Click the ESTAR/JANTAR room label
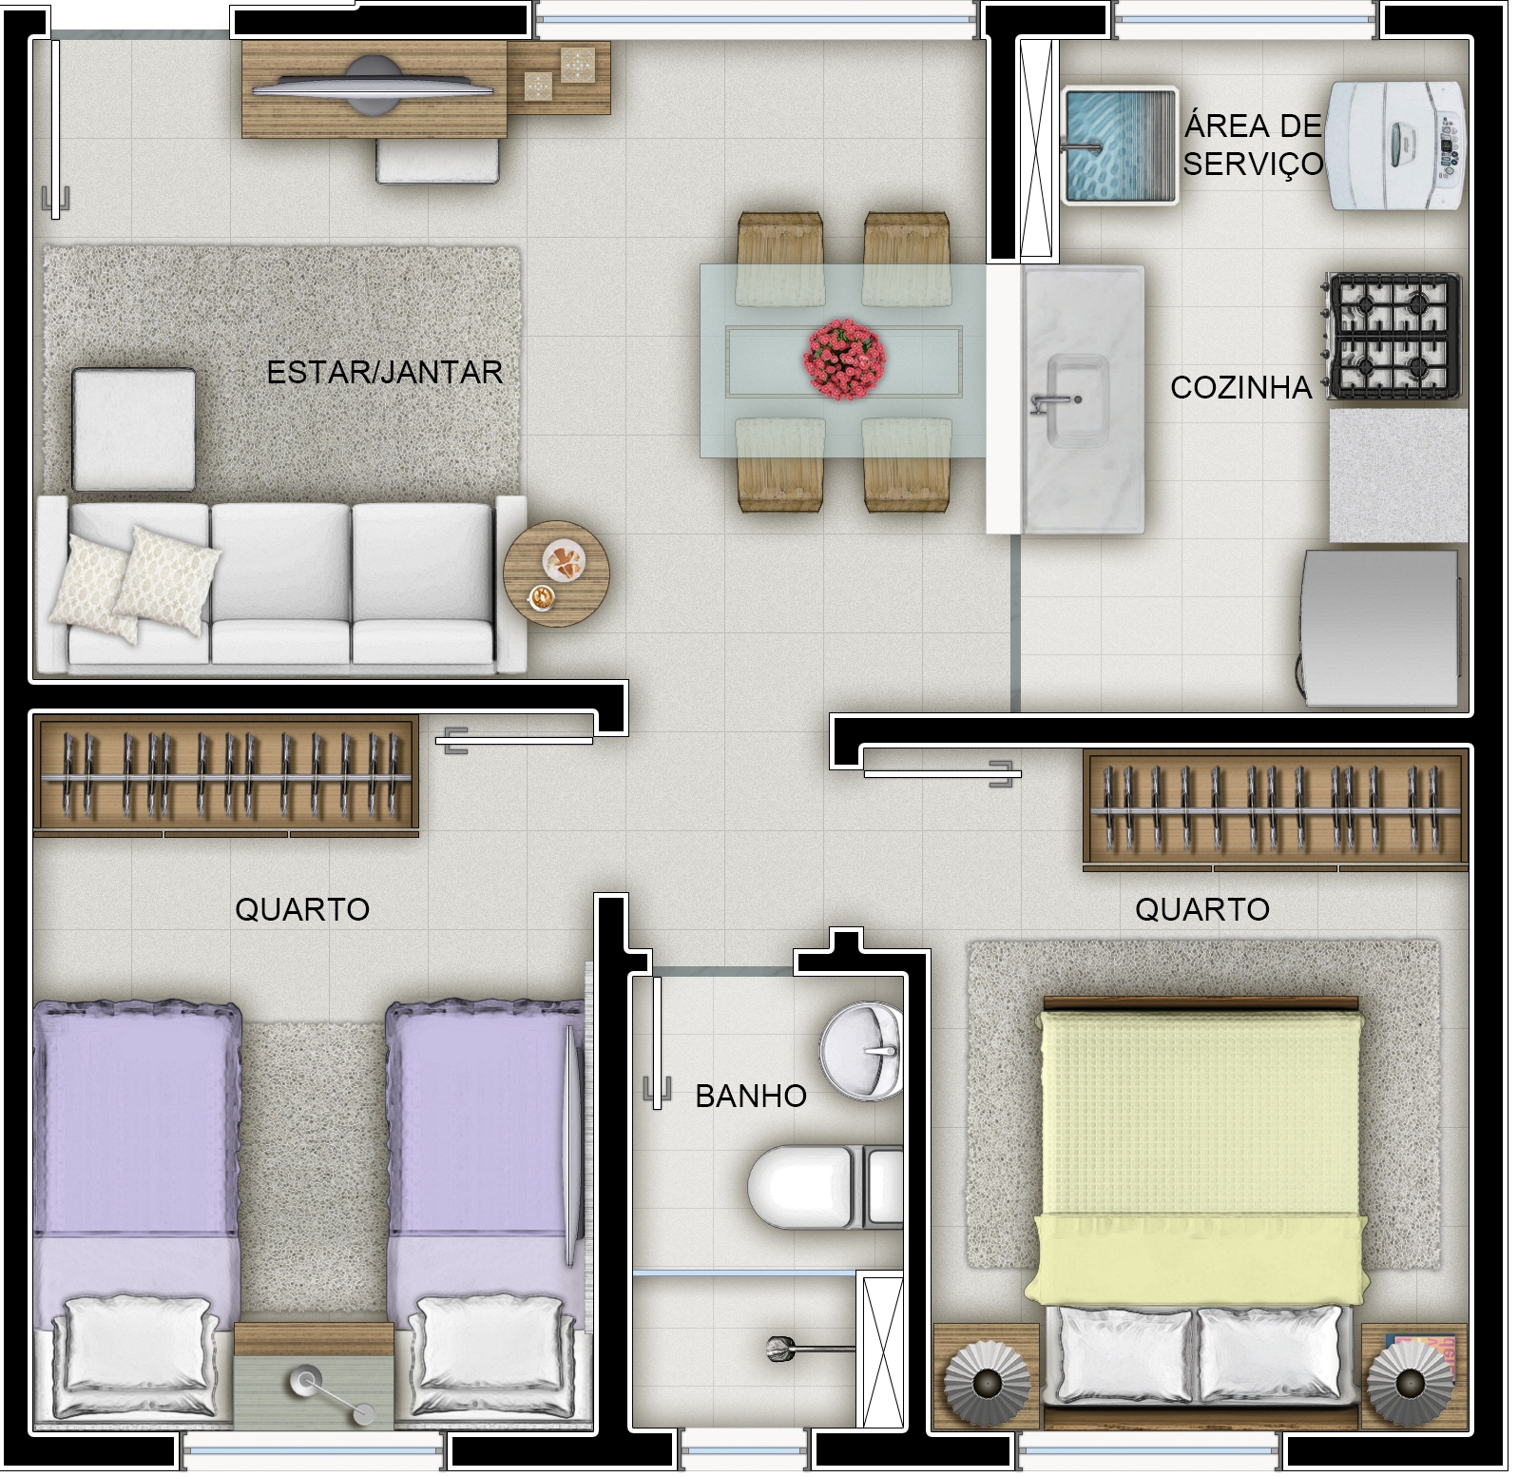coord(384,372)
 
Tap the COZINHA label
coord(1240,387)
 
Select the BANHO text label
coord(751,1096)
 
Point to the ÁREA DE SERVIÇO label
coord(1253,144)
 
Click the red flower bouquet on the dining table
coord(845,360)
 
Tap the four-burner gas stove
coord(1392,337)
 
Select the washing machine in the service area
coord(1396,145)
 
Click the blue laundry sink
coord(1119,146)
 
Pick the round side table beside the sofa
coord(555,573)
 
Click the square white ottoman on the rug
coord(134,429)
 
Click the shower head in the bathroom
coord(781,1347)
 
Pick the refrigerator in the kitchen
coord(1380,628)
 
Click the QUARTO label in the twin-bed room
coord(302,909)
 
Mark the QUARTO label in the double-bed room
coord(1202,909)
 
